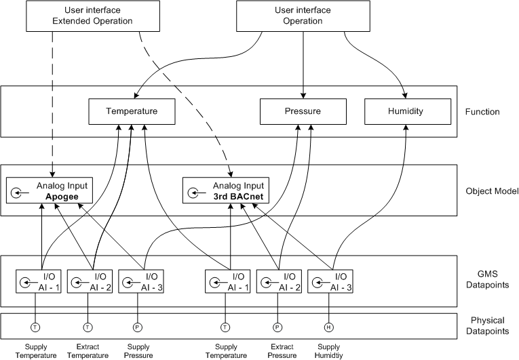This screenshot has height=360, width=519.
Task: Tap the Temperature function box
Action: [132, 111]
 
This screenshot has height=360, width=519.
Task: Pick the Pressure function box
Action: [303, 111]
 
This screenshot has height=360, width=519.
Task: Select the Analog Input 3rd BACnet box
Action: [227, 190]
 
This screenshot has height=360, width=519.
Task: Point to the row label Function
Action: [484, 112]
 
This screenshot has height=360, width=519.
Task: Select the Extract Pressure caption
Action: [277, 351]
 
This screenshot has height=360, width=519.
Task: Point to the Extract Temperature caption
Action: [88, 351]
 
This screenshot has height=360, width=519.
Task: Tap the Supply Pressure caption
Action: [138, 351]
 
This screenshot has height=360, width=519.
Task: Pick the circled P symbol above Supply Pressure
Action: [138, 326]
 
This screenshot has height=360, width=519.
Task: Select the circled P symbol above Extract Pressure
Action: [277, 326]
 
